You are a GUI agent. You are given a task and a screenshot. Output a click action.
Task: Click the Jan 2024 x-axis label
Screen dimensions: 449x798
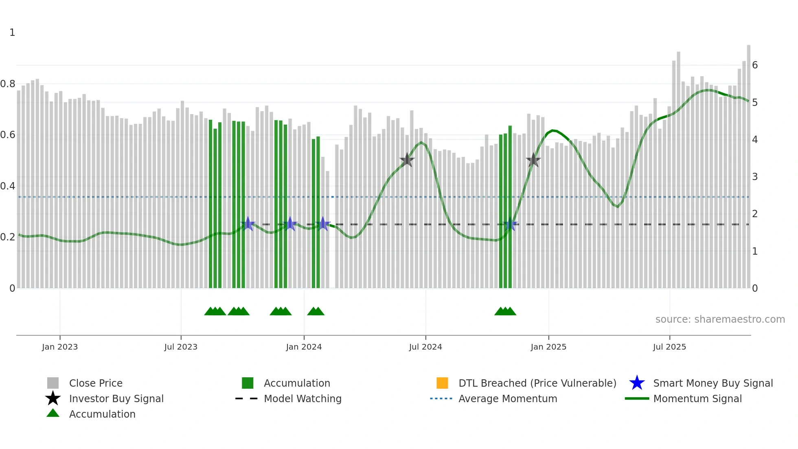coord(304,347)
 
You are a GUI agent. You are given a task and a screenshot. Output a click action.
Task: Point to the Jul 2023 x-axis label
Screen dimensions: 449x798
coord(181,347)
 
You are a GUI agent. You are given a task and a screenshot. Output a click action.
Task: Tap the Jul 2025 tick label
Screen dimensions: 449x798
coord(669,347)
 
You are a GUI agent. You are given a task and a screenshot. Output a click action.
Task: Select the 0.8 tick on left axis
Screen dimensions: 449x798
coord(8,84)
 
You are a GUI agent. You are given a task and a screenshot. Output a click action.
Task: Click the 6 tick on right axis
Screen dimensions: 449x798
coord(754,65)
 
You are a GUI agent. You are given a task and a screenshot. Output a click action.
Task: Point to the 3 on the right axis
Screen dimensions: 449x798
coord(754,177)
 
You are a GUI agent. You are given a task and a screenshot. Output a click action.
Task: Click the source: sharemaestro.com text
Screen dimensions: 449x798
coord(720,319)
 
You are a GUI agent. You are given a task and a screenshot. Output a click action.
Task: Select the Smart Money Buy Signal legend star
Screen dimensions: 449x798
coord(637,383)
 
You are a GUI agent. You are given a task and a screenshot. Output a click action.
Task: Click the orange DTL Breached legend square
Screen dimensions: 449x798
coord(442,383)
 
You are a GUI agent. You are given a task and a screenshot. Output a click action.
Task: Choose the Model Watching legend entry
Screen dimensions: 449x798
coord(302,398)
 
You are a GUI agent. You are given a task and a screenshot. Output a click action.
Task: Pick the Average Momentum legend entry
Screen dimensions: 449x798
coord(507,398)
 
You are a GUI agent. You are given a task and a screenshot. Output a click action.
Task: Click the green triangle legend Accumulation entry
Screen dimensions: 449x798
coord(102,414)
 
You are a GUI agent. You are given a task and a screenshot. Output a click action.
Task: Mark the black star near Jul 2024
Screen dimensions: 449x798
coord(407,160)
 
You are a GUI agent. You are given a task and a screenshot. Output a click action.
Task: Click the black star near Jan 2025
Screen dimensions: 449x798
coord(533,160)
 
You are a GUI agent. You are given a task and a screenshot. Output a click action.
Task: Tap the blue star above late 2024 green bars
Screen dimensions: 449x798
coord(510,224)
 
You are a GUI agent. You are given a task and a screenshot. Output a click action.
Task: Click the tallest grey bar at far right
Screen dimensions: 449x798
coord(748,163)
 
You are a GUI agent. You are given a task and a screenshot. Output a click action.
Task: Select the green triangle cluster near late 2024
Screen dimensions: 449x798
coord(505,311)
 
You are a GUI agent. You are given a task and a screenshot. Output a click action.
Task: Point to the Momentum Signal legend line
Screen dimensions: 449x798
coord(637,398)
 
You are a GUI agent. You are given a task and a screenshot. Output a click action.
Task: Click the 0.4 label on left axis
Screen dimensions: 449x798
coord(8,186)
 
